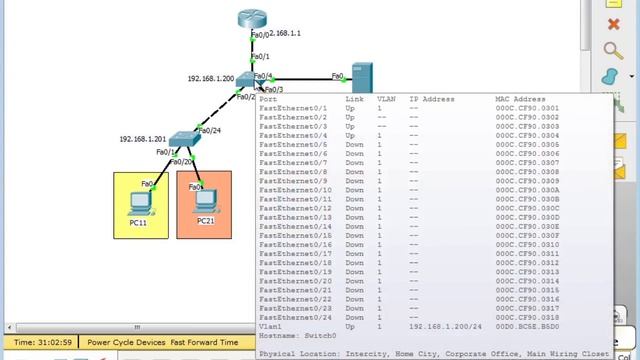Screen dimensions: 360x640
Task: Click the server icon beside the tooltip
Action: coord(361,77)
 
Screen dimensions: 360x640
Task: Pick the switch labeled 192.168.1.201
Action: coord(183,141)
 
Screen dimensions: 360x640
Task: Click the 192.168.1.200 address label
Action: coord(210,78)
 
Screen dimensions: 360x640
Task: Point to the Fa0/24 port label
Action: coord(209,129)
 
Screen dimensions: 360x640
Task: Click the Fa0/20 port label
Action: coord(181,162)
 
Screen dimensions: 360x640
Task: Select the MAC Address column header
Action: coord(520,99)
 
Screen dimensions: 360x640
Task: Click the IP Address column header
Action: coord(432,99)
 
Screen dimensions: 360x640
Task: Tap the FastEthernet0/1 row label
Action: coord(293,108)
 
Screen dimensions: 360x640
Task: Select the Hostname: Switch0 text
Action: coord(297,336)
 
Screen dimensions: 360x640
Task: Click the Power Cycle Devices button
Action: coord(124,342)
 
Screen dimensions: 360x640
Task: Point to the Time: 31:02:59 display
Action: coord(42,342)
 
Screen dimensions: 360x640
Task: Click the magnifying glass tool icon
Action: coord(615,49)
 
